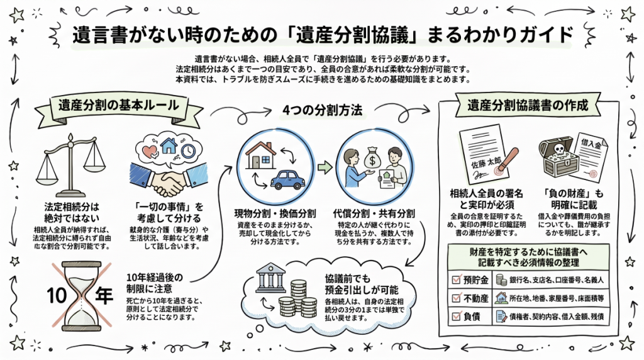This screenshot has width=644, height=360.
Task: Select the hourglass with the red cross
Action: (x=81, y=295)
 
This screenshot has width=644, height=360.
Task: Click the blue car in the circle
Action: (x=287, y=179)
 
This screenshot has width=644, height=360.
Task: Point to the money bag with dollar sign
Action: (x=372, y=155)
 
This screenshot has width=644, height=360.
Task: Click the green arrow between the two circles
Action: (x=325, y=167)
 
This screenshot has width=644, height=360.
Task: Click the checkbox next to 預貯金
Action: (x=456, y=279)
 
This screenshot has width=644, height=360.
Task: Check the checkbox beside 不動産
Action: (x=456, y=298)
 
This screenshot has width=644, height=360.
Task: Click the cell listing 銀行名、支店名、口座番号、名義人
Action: (x=551, y=280)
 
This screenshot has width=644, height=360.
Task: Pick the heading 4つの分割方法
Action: (x=323, y=110)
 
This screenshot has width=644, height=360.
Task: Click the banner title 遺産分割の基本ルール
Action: (x=118, y=105)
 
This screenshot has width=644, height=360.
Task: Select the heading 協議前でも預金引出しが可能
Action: (x=362, y=284)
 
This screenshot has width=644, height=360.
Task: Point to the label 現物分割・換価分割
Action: (x=275, y=213)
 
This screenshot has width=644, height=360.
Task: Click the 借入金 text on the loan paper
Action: (x=591, y=144)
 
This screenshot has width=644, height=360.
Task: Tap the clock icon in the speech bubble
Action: (x=188, y=151)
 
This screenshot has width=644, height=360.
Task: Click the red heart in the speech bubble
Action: (x=149, y=151)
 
